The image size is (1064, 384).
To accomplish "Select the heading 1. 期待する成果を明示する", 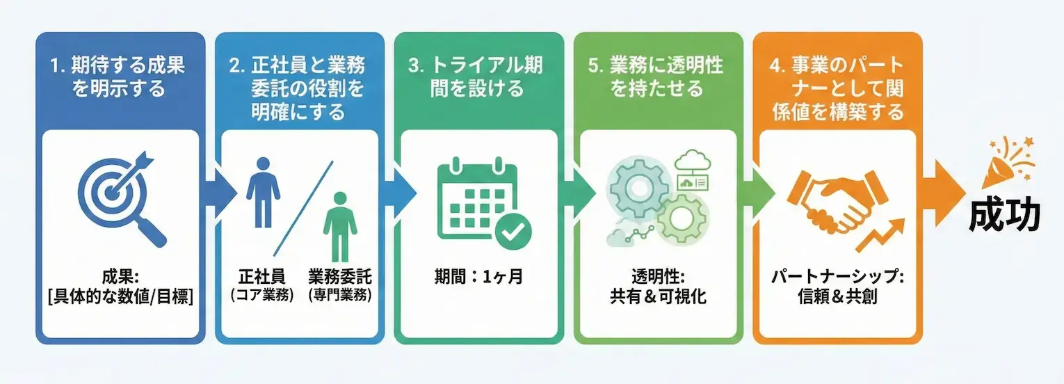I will click(x=120, y=77).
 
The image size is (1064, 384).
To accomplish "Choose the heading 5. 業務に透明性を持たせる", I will click(x=656, y=77).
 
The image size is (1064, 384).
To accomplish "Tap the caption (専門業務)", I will click(x=340, y=295).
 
